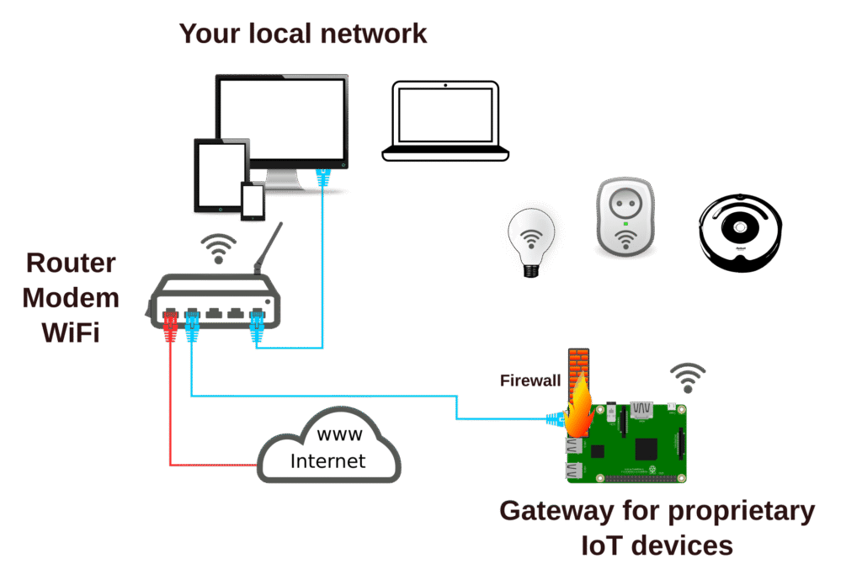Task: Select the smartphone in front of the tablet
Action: click(253, 202)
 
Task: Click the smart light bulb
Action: click(533, 241)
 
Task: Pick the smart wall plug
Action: click(625, 216)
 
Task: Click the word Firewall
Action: click(530, 380)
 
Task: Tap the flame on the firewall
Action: click(580, 408)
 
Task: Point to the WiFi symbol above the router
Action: click(221, 250)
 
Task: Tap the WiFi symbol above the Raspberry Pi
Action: click(688, 376)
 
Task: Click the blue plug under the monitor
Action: click(322, 178)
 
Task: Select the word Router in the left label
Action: click(71, 263)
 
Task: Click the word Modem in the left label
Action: click(71, 298)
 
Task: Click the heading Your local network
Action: click(303, 34)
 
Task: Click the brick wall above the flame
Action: click(578, 364)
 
